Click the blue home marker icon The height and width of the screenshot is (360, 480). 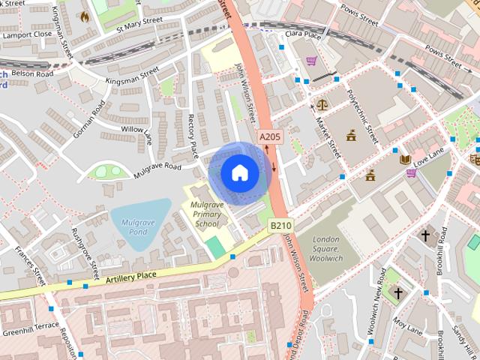click(239, 173)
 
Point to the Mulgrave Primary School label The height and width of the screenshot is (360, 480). click(207, 214)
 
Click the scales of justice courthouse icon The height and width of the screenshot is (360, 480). click(322, 104)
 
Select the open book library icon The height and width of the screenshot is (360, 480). click(405, 159)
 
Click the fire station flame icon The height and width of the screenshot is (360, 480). click(84, 15)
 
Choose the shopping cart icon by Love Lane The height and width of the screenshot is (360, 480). click(411, 173)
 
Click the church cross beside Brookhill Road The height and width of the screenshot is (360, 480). click(425, 235)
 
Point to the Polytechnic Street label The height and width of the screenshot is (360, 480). click(361, 117)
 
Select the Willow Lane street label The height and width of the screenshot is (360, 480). click(137, 134)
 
